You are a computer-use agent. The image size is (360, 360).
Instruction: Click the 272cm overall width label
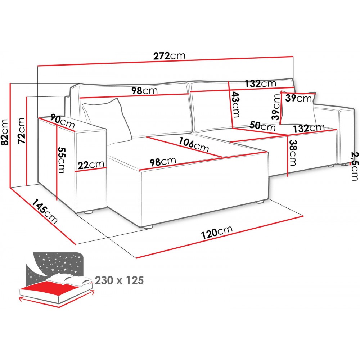tap(169, 55)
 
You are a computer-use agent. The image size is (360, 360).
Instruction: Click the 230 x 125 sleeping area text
tap(119, 280)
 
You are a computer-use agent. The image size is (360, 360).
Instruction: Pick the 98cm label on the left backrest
tap(144, 90)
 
